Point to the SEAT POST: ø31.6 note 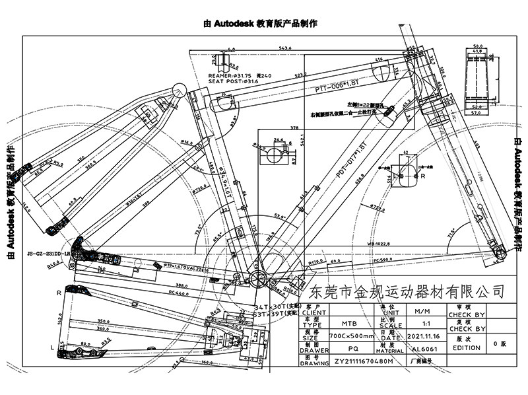click(x=236, y=81)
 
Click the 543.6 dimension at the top click(x=285, y=48)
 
